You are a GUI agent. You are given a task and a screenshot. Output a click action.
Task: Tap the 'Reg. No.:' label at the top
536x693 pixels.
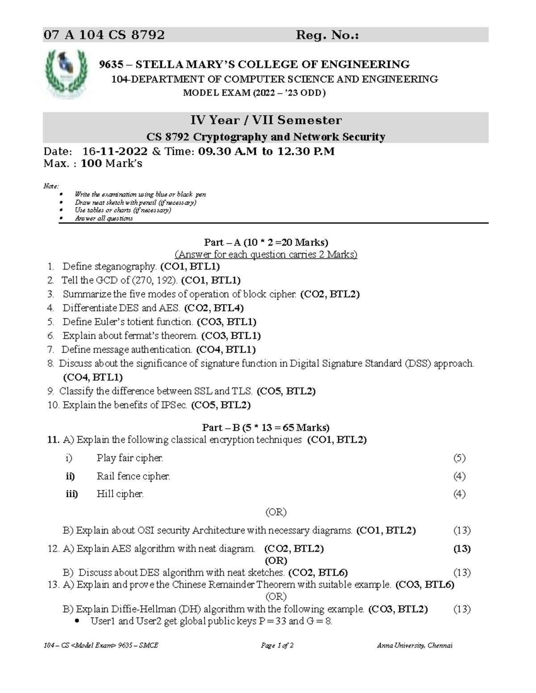[x=327, y=35]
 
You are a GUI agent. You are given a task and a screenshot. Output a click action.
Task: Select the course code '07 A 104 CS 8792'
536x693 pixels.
[x=104, y=35]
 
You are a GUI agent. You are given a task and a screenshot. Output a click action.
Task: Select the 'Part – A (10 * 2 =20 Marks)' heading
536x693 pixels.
[x=266, y=242]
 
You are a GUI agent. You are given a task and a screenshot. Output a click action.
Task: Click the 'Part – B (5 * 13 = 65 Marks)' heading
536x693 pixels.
[x=266, y=427]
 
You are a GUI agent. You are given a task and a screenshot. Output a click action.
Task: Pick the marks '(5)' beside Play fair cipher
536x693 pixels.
[x=459, y=458]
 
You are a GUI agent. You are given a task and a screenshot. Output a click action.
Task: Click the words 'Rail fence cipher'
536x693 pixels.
[x=133, y=476]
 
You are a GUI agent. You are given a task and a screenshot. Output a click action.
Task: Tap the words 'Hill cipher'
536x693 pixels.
[x=120, y=494]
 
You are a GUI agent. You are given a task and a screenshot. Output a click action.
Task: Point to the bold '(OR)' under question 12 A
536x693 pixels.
[x=276, y=560]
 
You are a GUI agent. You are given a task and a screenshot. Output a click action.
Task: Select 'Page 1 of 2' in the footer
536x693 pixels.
[x=277, y=645]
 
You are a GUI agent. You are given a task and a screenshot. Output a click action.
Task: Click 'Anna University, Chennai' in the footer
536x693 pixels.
[x=415, y=645]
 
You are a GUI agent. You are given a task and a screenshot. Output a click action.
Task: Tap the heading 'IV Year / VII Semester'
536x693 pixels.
[x=266, y=120]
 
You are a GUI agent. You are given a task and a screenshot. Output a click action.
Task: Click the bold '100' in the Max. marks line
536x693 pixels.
[x=91, y=164]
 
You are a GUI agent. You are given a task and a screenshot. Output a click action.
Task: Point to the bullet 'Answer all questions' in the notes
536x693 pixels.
[x=104, y=219]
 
